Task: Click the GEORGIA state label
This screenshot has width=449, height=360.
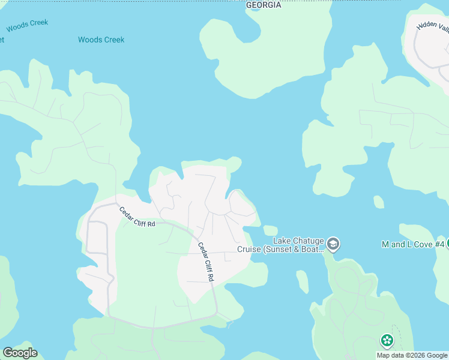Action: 263,5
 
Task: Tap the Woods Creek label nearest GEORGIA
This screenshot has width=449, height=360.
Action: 101,40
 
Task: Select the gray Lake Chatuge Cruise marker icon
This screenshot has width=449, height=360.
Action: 334,244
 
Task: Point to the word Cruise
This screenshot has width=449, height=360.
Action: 249,250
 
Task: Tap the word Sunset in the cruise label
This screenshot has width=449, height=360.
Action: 280,250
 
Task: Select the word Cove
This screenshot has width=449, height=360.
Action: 422,244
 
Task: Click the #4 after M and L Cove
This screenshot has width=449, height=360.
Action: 439,244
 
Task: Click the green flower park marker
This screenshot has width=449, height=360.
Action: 387,341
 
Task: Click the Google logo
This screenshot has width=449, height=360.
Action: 20,353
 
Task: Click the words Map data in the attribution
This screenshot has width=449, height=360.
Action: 391,355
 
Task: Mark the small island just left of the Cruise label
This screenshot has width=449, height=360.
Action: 270,230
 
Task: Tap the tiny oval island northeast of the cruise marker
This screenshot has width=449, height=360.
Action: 378,202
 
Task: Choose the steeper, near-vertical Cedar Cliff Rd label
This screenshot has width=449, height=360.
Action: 205,262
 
